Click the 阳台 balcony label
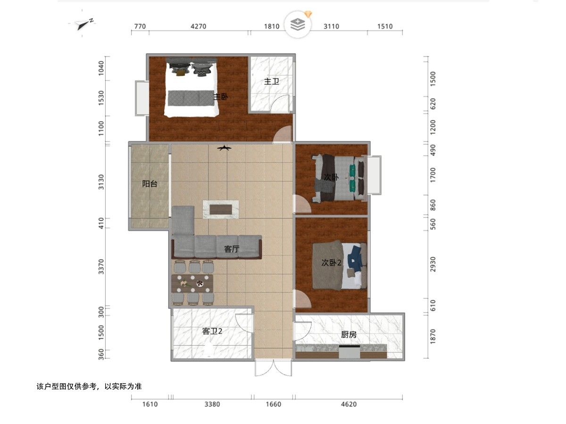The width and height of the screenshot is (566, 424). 150,184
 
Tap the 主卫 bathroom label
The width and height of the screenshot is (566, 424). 272,82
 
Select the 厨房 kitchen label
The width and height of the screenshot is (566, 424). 349,334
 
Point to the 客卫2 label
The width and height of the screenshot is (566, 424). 212,331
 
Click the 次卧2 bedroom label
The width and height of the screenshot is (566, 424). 332,262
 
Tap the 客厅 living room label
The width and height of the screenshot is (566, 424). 232,249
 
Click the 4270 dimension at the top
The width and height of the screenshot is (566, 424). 198,26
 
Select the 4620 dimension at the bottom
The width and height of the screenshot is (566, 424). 349,404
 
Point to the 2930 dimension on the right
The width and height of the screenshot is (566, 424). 433,264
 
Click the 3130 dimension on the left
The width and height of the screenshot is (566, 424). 101,182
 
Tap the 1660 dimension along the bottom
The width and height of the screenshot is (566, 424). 273,404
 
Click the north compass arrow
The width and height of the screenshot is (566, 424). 84,24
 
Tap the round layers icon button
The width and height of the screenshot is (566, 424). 298,24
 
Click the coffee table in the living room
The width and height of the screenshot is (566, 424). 220,210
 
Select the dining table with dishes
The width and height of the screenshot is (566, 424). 192,284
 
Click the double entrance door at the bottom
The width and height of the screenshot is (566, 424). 273,367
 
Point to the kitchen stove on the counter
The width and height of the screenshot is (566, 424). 349,351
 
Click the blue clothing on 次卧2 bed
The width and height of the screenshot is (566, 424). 355,259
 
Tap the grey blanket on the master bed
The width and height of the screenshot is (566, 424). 191,98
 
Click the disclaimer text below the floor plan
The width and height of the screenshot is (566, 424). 89,386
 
